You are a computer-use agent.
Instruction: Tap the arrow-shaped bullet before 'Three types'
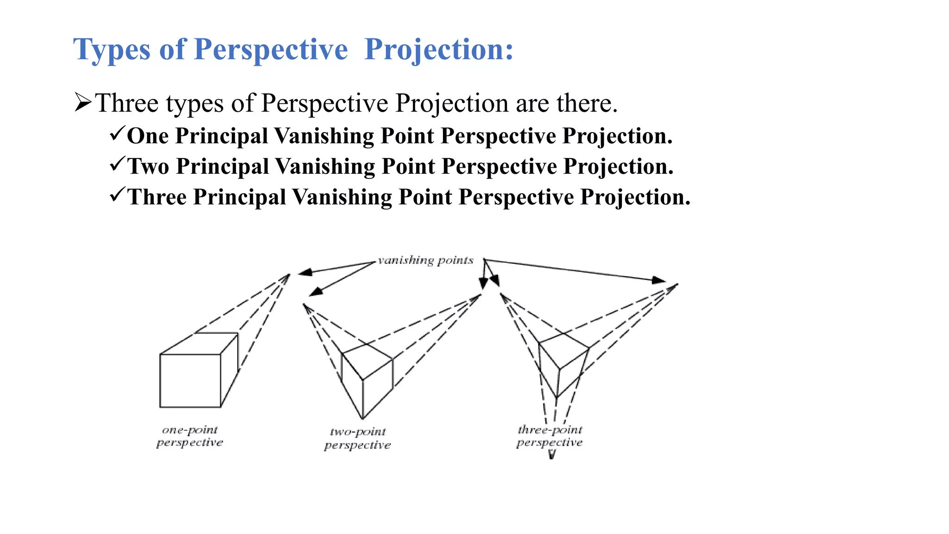point(83,102)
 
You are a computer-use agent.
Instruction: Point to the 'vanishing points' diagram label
point(425,261)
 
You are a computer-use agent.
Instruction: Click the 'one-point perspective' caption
point(190,436)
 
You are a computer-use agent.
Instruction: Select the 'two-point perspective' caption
point(357,439)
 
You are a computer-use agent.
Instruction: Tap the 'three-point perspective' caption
point(550,436)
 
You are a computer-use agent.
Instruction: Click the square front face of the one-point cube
point(190,381)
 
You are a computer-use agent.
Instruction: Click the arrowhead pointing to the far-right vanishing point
point(658,280)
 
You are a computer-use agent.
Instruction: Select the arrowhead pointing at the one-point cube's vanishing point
point(305,273)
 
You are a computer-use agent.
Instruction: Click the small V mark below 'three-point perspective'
point(551,455)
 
